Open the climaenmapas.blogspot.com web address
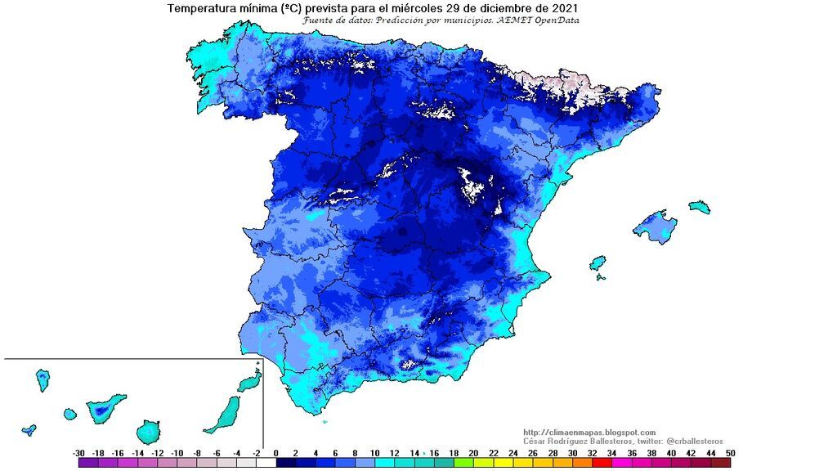click(x=589, y=433)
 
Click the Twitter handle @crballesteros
click(x=691, y=442)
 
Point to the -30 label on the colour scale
click(x=78, y=453)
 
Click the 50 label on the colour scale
click(x=729, y=453)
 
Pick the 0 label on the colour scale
click(x=276, y=453)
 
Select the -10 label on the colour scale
click(x=177, y=453)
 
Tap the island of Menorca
click(x=699, y=207)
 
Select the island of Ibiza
click(x=598, y=263)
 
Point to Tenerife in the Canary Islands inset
click(x=105, y=407)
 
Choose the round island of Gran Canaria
click(x=149, y=431)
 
